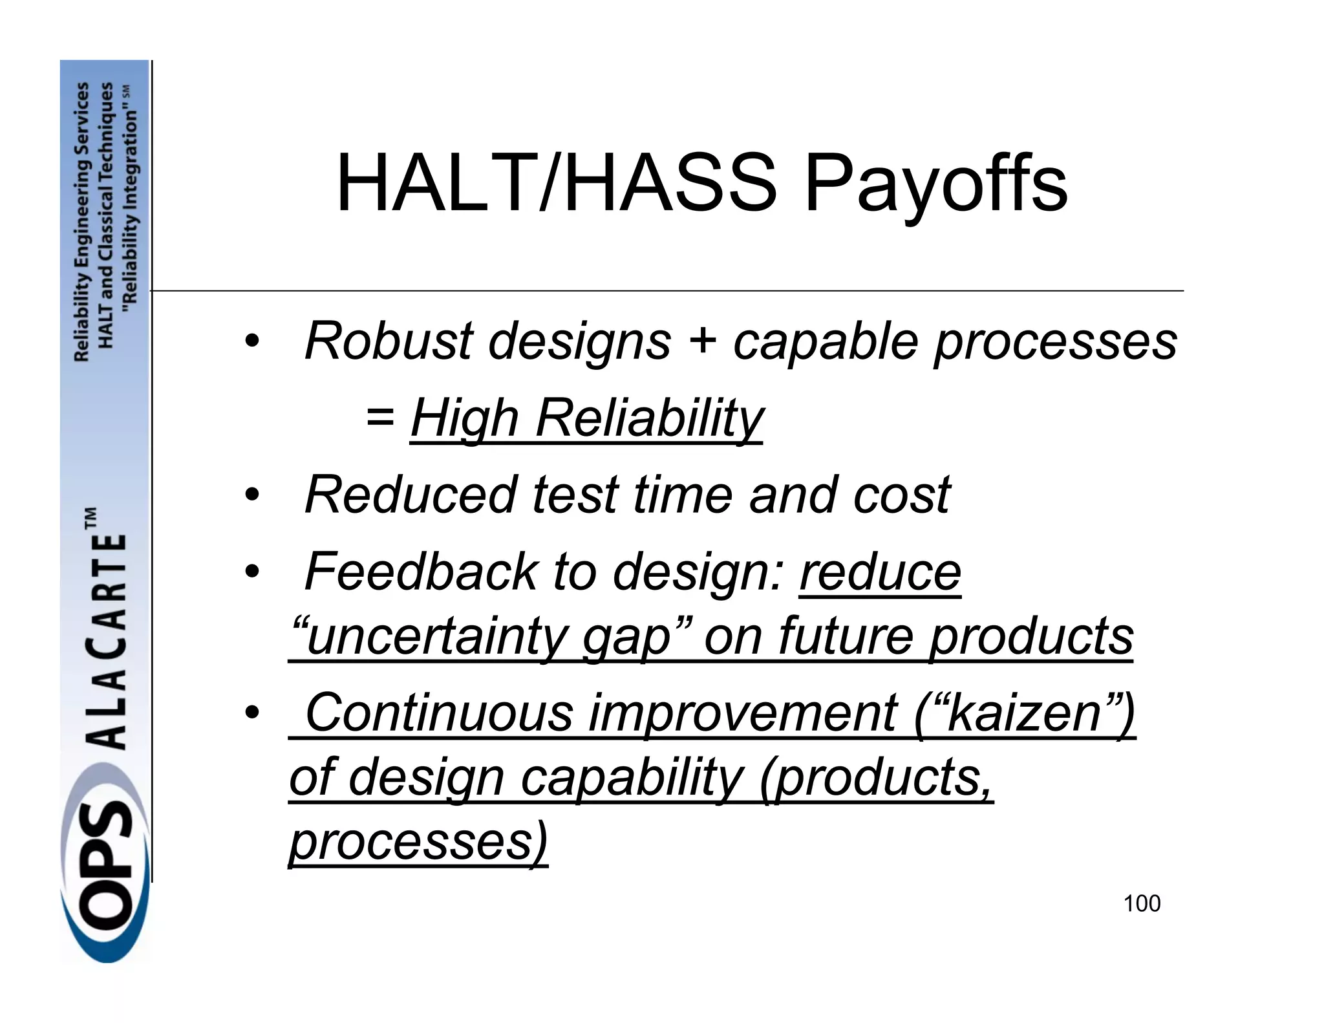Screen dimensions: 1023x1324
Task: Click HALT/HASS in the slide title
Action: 556,184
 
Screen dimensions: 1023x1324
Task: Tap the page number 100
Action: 1142,903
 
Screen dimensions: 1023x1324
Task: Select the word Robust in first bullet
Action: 389,341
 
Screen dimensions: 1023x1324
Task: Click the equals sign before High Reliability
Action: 379,418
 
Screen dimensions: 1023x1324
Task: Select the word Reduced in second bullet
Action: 411,495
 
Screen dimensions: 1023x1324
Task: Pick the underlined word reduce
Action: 880,572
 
